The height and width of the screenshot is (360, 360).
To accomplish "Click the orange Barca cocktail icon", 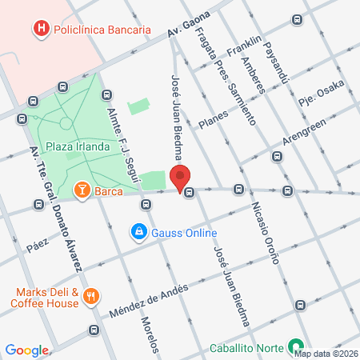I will [82, 190].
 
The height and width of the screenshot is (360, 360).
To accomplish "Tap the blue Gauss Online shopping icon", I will [139, 233].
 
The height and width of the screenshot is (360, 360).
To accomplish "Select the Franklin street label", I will [245, 47].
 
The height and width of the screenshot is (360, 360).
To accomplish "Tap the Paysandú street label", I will [275, 62].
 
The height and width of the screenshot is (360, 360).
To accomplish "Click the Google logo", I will [27, 350].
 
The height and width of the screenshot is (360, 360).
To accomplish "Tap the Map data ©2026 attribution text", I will [325, 353].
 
